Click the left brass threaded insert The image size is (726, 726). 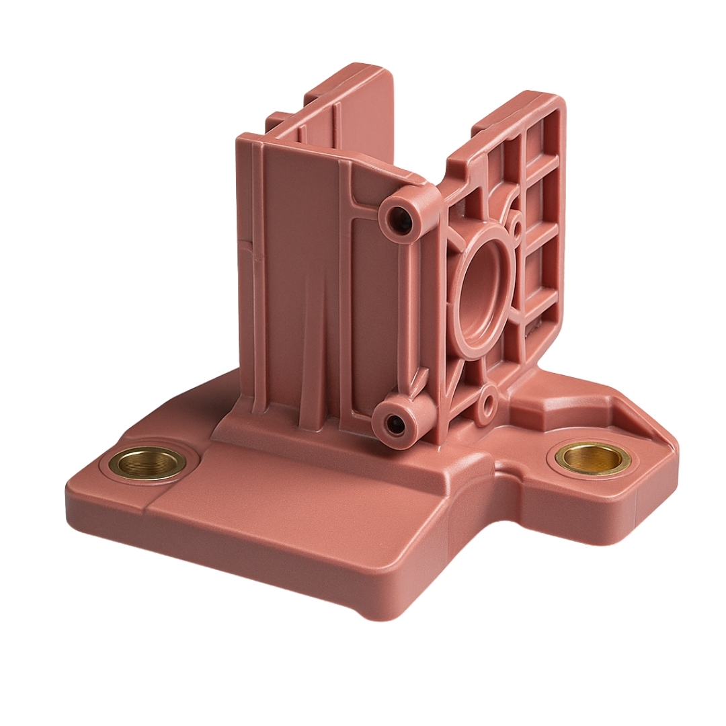[x=148, y=462]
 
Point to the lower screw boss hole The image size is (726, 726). [x=396, y=424]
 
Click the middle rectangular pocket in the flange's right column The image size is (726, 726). [x=542, y=202]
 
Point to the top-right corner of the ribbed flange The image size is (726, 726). [x=559, y=97]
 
